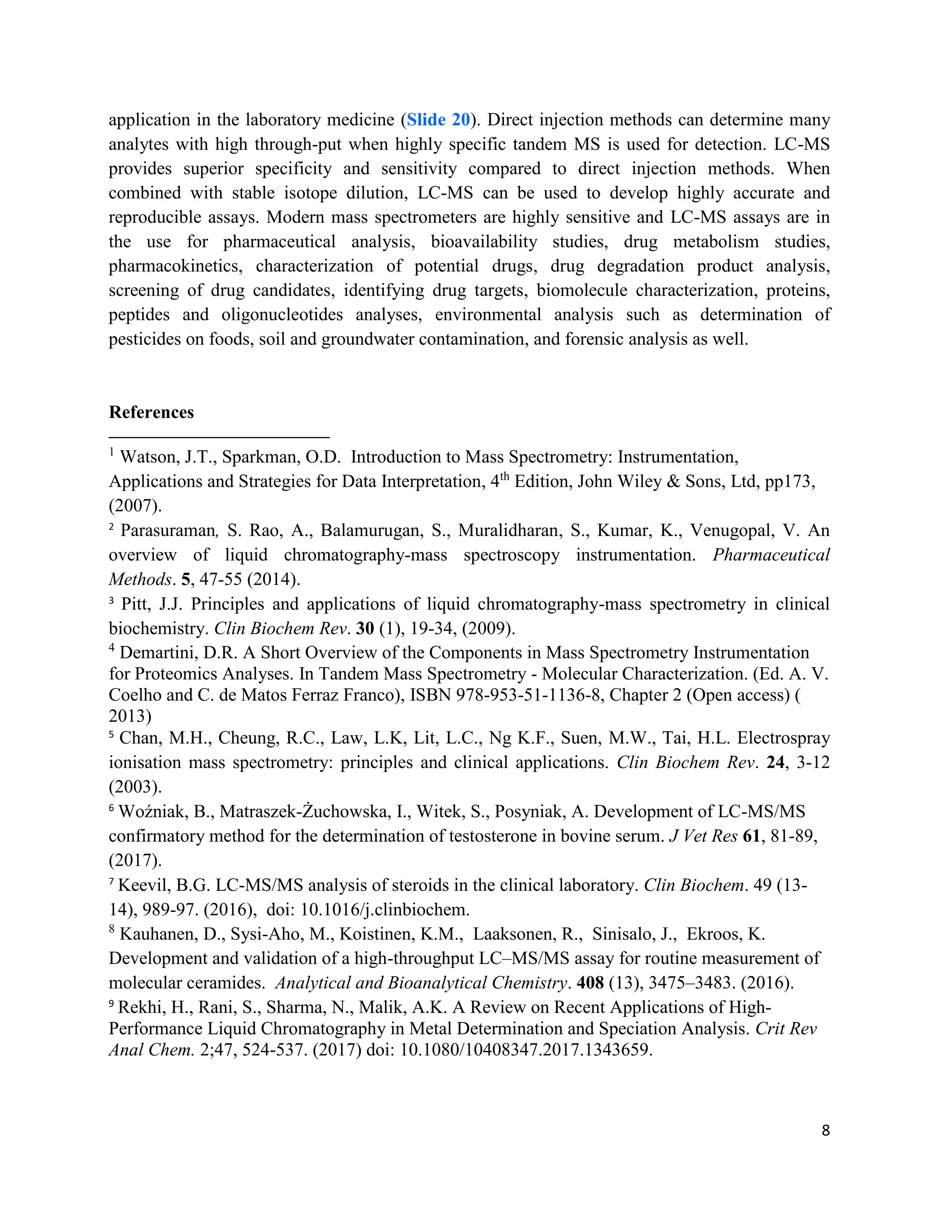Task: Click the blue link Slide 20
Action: tap(438, 120)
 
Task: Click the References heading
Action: tap(151, 412)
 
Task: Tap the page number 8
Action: tap(825, 1130)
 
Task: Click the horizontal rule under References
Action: tap(219, 438)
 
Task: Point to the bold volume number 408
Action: tap(590, 983)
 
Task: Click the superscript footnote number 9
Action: tap(112, 1004)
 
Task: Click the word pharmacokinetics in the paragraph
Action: tap(175, 266)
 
